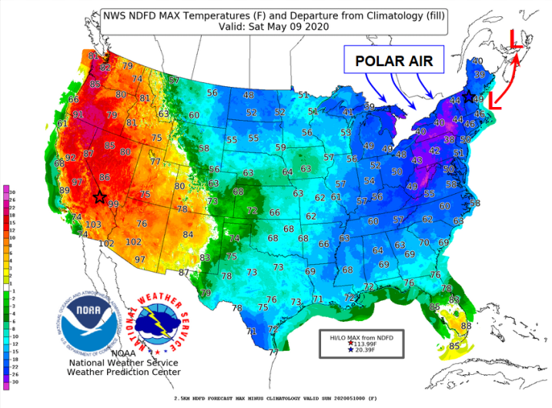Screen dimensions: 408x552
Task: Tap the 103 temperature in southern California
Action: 92,224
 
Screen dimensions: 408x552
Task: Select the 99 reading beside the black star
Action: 113,203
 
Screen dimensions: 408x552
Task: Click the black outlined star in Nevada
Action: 99,197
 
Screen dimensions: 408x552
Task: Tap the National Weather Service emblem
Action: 160,323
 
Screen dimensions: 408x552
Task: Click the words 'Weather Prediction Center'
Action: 125,373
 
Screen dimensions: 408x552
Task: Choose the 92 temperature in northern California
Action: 71,157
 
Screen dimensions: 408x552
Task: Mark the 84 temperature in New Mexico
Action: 187,234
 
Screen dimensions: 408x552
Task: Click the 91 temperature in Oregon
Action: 78,115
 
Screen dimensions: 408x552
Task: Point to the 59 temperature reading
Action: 281,146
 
